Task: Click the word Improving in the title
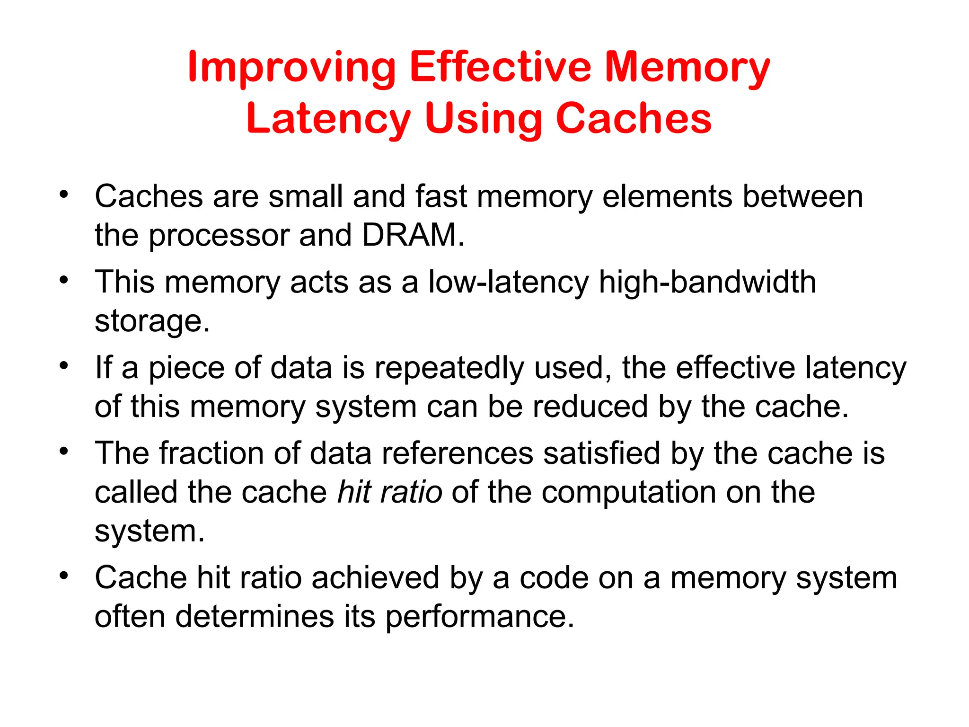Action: tap(291, 68)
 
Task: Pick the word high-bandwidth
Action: tap(707, 283)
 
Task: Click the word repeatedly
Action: tap(449, 368)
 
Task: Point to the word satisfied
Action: tap(601, 453)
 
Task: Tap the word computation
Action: tap(629, 493)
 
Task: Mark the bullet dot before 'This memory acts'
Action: tap(64, 280)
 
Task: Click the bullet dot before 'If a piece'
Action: tap(64, 365)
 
